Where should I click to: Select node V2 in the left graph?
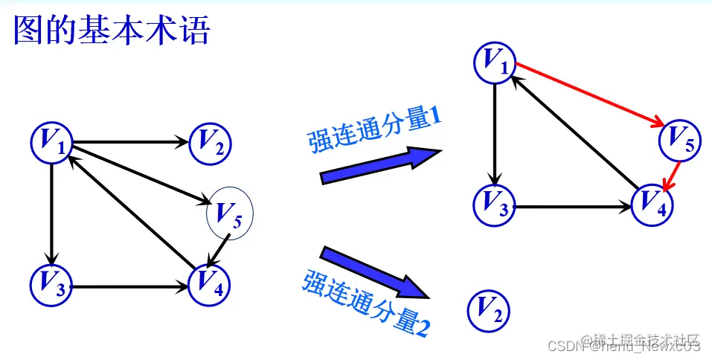point(211,141)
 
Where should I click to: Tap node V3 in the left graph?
point(51,284)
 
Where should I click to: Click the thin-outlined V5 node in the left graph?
point(230,214)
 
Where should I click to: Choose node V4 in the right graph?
point(652,204)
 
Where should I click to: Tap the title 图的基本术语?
point(112,32)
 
